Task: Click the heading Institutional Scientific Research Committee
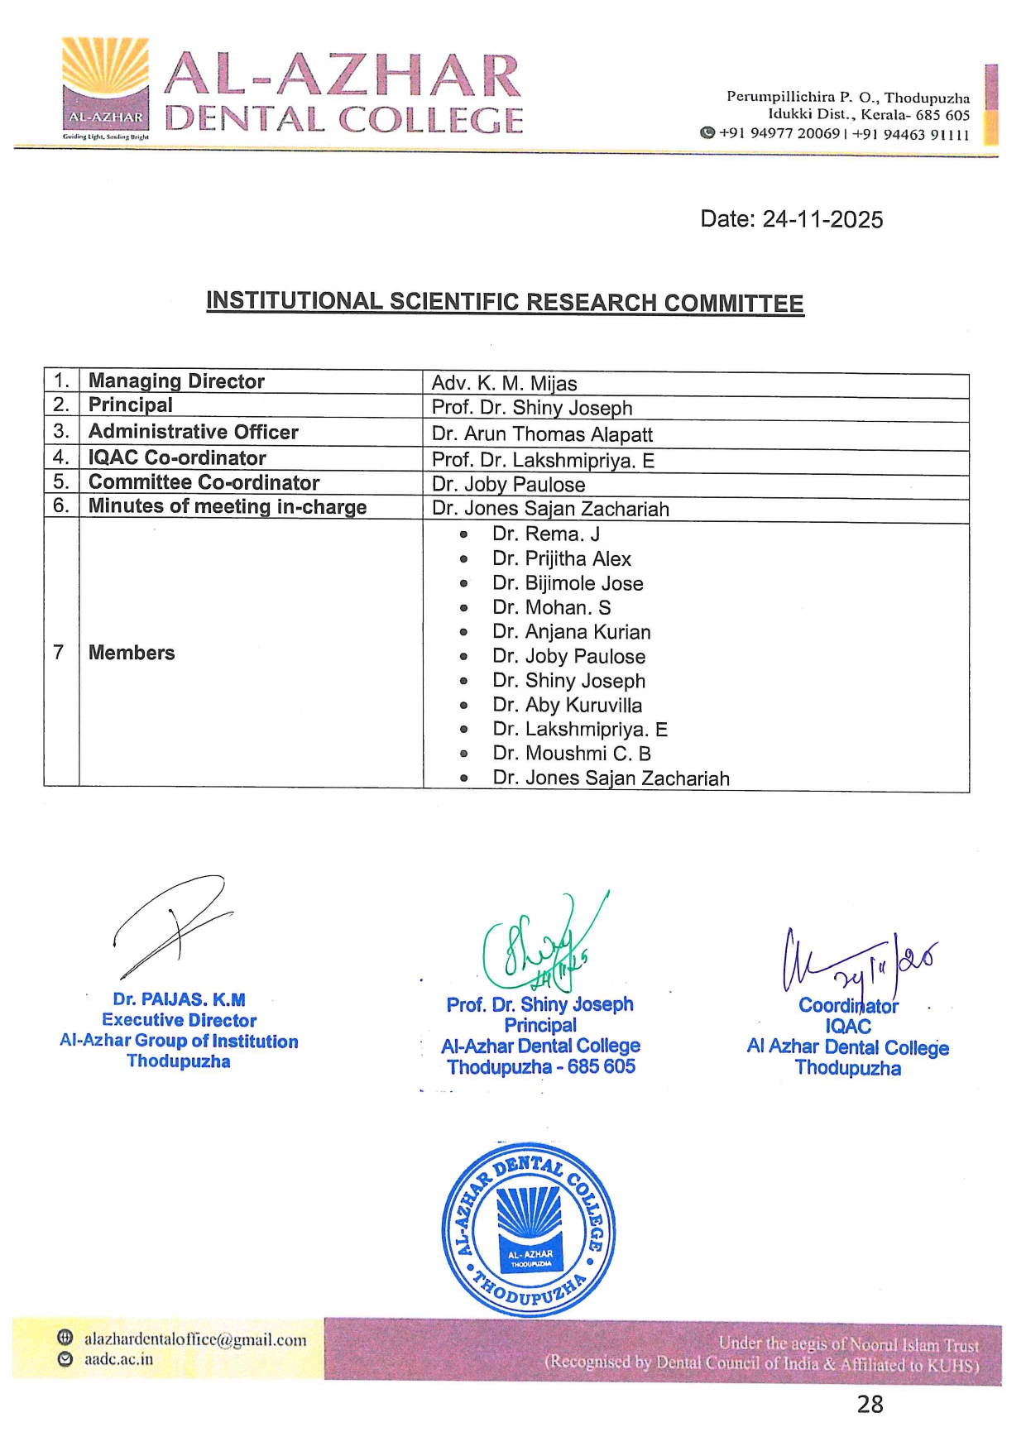coord(505,302)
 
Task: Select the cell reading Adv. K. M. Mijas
coord(504,384)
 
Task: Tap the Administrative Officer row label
coord(193,432)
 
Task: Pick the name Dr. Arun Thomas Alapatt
coord(542,434)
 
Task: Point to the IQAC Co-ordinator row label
coord(177,457)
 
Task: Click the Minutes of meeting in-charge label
coord(228,506)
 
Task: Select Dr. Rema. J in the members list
coord(546,534)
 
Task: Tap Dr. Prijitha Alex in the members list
coord(562,559)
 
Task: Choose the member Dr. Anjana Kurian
coord(571,632)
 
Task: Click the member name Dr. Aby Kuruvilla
coord(567,705)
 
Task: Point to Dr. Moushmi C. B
coord(572,754)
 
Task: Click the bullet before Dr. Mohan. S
coord(463,608)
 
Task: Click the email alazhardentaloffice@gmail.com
coord(195,1339)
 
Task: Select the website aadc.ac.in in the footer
coord(118,1359)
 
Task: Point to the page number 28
coord(870,1404)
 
